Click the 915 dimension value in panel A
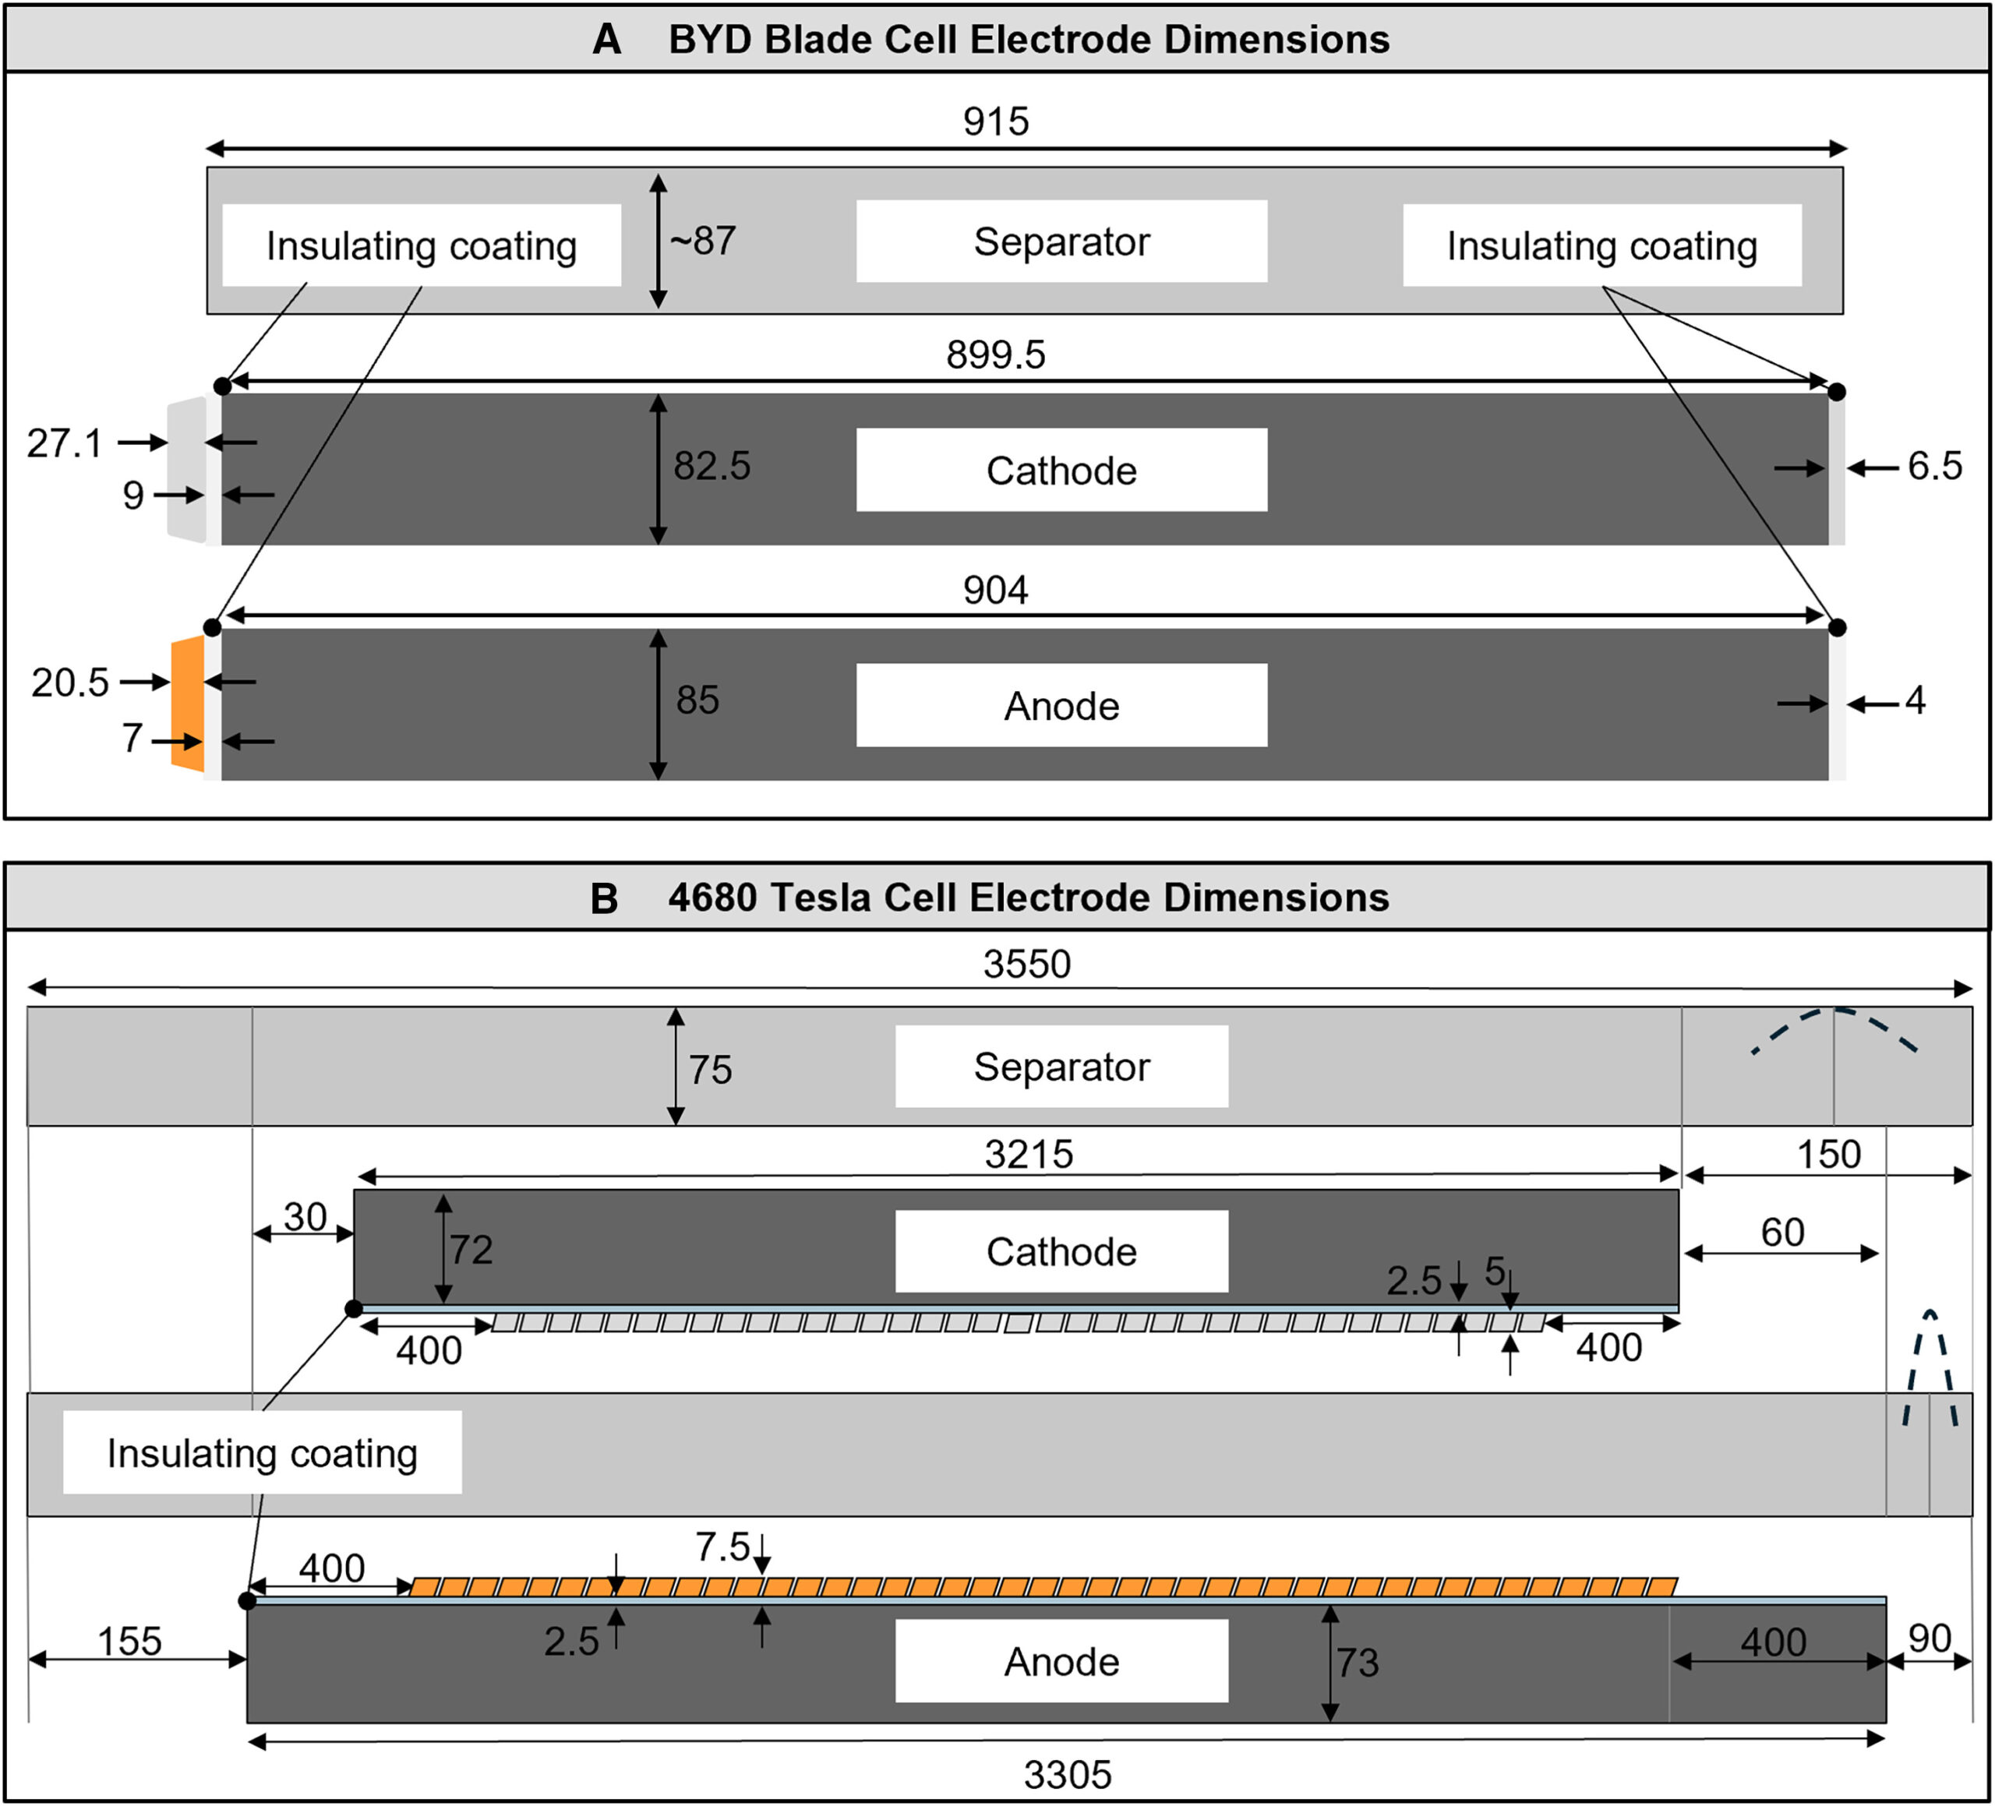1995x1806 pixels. click(x=995, y=122)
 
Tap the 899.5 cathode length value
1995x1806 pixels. click(x=995, y=354)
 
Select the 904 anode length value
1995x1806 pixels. click(x=995, y=590)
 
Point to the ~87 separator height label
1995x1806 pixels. click(x=703, y=241)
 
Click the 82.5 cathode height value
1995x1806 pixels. click(x=711, y=466)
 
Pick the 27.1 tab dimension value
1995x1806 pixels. click(x=65, y=443)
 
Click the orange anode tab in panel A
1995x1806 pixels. click(x=188, y=704)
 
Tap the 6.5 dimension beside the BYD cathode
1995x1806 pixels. click(x=1935, y=466)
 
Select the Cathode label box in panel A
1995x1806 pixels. click(x=1061, y=470)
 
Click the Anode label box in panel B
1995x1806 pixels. click(x=1061, y=1662)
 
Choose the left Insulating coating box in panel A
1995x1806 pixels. click(x=422, y=245)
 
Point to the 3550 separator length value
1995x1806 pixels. click(x=1026, y=964)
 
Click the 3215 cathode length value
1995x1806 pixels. click(x=1028, y=1154)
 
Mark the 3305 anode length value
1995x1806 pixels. click(x=1067, y=1774)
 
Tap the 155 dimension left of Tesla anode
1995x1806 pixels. click(x=129, y=1641)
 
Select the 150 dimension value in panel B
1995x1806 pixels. click(x=1827, y=1154)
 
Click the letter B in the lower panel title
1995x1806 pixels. click(x=604, y=898)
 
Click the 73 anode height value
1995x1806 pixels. click(x=1357, y=1663)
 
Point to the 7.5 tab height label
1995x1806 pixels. click(x=722, y=1547)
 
